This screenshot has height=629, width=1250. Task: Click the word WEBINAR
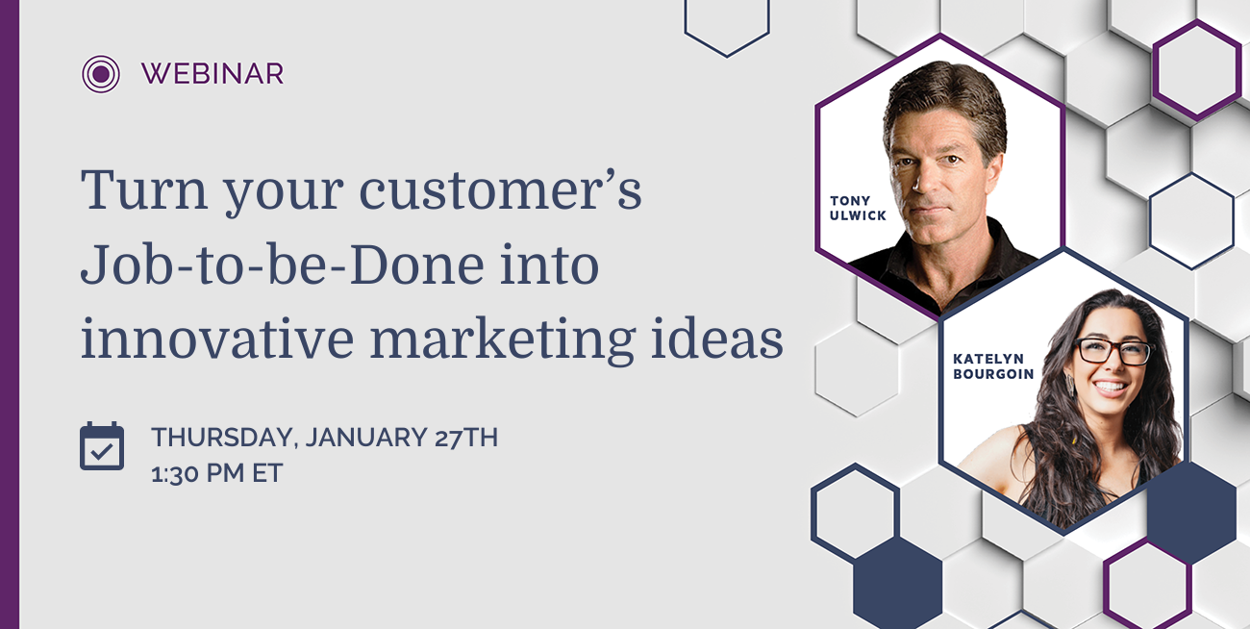click(x=212, y=74)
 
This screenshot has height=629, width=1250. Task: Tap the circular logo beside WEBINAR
click(x=100, y=74)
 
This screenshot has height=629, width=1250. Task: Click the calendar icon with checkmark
click(x=102, y=446)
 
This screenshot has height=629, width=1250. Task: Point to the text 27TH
click(x=466, y=437)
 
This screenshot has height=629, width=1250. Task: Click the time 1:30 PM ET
click(x=216, y=473)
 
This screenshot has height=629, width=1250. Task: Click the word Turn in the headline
click(x=144, y=189)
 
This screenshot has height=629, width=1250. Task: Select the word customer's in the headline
click(x=500, y=189)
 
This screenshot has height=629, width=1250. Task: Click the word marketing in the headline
click(x=503, y=341)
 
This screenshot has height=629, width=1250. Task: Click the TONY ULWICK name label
click(x=857, y=208)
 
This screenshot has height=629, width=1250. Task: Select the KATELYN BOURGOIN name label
click(x=993, y=366)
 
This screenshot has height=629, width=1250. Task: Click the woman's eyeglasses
click(x=1113, y=351)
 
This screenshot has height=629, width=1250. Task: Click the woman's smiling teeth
click(x=1110, y=387)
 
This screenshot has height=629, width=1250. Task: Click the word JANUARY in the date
click(x=365, y=437)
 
